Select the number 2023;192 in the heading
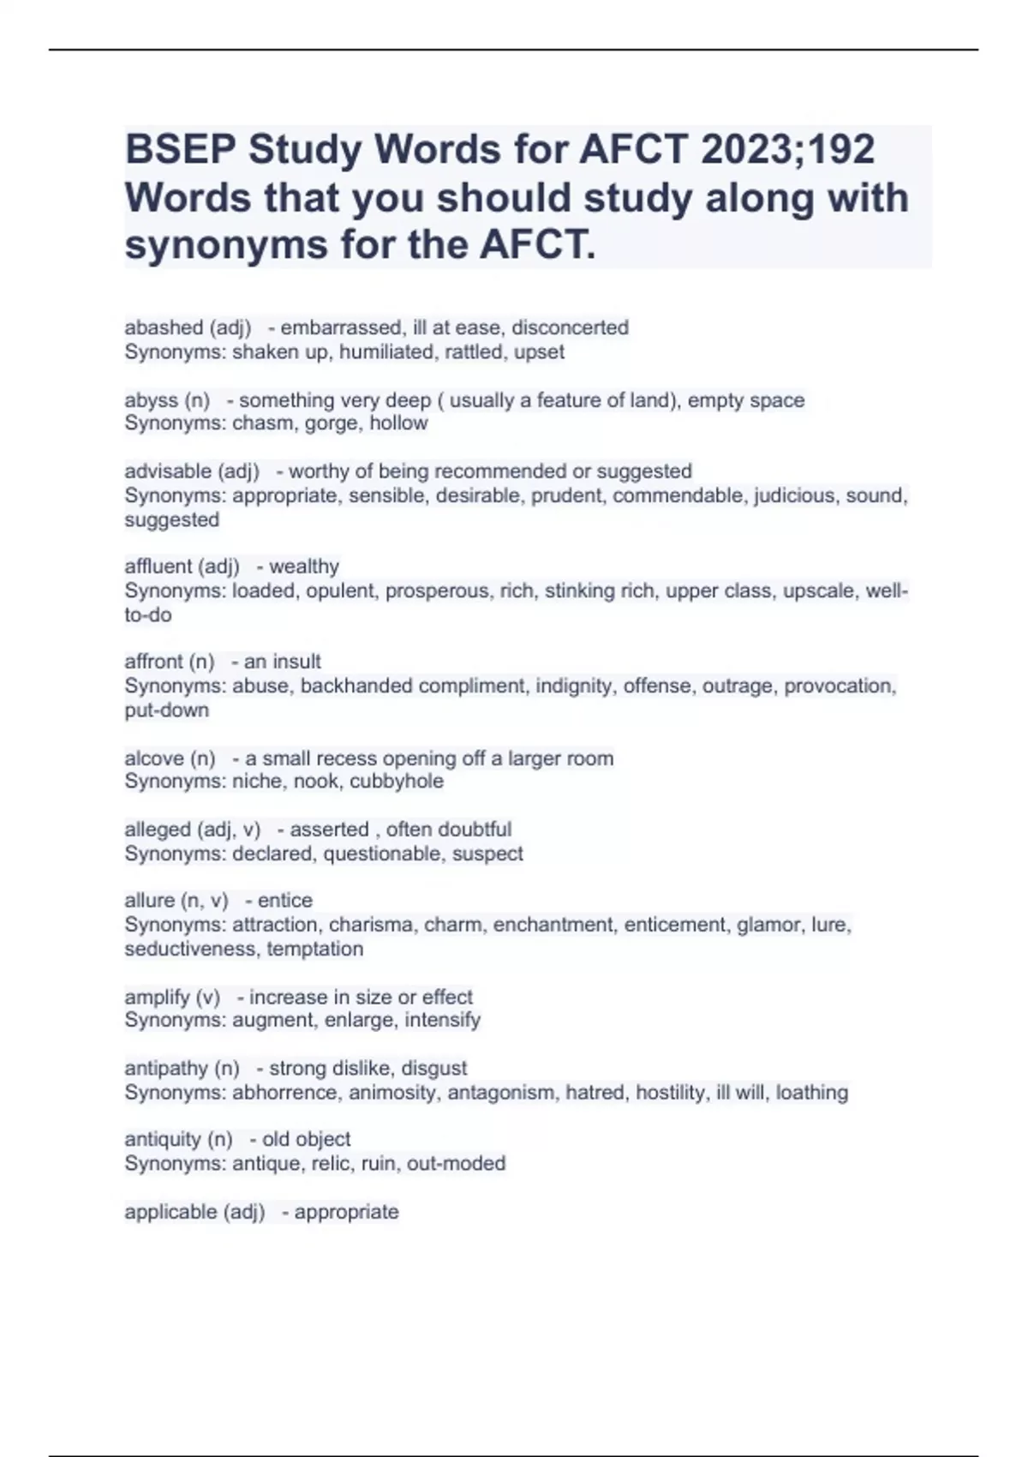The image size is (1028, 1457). click(x=788, y=150)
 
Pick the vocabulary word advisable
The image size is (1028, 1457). click(x=167, y=471)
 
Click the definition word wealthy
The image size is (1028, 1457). click(x=304, y=567)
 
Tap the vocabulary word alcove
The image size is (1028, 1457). click(x=153, y=758)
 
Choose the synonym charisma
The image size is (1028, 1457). click(x=371, y=925)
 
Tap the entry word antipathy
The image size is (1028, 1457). click(x=166, y=1069)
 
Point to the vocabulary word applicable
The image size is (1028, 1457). click(x=170, y=1212)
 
